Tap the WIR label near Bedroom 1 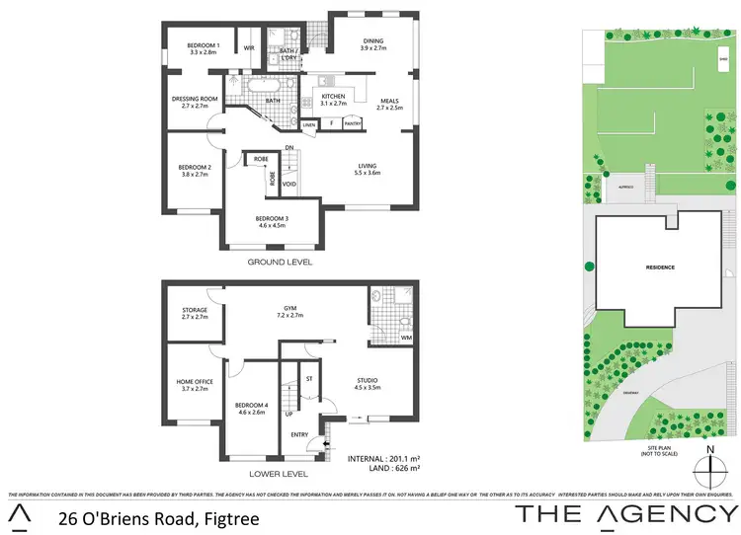250,47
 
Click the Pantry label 353,124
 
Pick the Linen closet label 309,124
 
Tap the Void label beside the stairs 288,184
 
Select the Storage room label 194,314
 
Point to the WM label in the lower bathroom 406,340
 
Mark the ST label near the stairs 309,378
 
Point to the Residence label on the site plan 662,267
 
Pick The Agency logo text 626,513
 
